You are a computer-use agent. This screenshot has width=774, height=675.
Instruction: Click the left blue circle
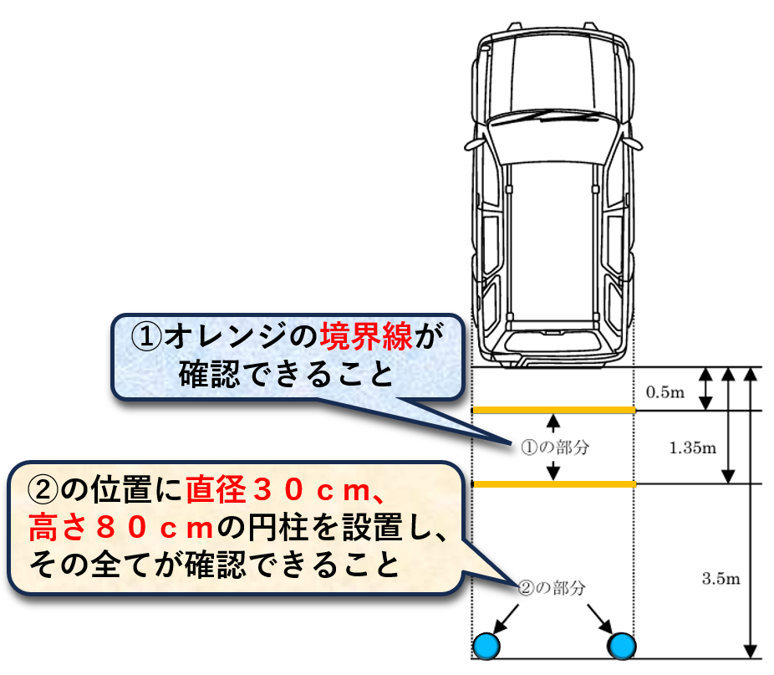486,645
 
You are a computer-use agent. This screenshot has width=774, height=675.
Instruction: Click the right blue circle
621,645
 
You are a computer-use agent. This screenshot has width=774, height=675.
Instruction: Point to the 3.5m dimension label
720,578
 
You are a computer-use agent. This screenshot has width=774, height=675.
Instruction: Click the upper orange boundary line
554,410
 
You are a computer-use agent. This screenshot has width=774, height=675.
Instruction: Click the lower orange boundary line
554,484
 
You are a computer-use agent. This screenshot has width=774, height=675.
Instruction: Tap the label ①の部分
555,447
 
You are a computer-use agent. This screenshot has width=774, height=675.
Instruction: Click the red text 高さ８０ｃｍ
122,527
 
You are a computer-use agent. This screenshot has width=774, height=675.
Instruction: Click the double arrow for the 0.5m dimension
705,389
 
